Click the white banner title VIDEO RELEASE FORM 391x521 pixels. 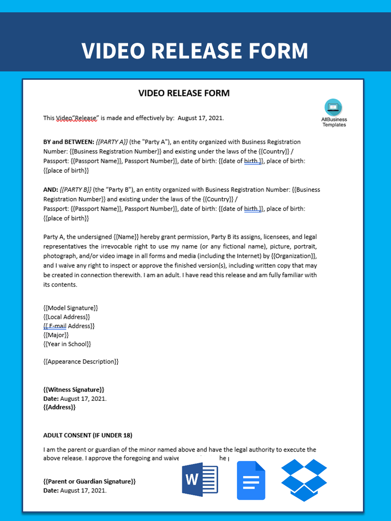195,51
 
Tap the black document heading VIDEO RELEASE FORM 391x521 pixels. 184,93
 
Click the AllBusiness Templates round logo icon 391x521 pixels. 333,107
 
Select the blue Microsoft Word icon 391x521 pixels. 200,481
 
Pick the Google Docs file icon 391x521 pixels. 251,481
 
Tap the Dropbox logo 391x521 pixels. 304,480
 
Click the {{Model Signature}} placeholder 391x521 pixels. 70,308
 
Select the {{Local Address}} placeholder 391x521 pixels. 66,317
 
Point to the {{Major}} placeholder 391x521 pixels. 56,335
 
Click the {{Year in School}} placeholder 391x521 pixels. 67,344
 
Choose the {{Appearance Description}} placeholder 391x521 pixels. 81,361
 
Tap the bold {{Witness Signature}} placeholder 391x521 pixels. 73,390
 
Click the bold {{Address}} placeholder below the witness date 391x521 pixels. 60,407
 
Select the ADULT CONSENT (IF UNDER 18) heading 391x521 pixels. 88,435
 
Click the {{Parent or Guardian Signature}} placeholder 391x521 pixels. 89,481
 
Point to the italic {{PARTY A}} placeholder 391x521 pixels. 112,142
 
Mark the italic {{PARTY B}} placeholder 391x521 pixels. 75,190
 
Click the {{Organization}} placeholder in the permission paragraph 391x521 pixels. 294,256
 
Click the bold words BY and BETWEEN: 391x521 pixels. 69,142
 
